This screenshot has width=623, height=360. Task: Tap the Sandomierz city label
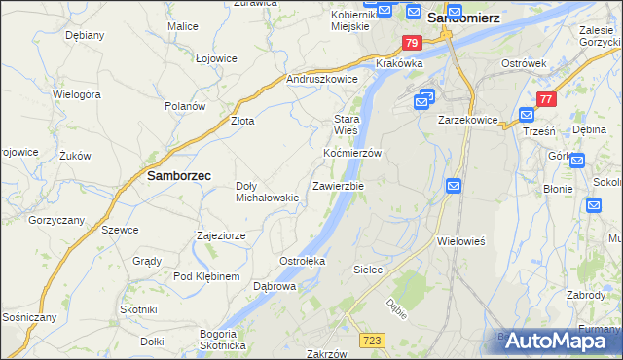point(464,17)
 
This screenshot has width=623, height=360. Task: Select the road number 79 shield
point(411,44)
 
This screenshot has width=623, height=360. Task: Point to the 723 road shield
point(370,339)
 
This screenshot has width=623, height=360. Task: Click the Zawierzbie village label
point(338,186)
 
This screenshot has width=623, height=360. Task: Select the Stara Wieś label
point(347,124)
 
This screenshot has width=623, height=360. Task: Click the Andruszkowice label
point(322,80)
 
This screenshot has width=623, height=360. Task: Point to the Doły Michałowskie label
point(268,192)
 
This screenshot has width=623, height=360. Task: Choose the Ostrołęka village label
point(303,262)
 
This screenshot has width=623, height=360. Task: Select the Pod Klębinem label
point(206,277)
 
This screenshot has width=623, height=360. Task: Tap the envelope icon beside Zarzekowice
point(425,99)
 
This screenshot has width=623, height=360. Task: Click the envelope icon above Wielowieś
point(454,186)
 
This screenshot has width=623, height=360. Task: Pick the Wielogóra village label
point(78,95)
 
